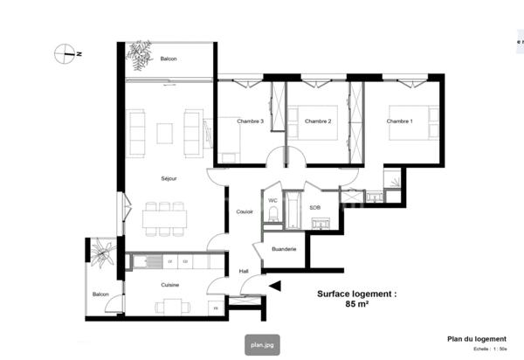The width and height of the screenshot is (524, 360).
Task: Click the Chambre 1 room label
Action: click(399, 121)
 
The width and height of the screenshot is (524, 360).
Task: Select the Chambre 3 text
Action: click(252, 121)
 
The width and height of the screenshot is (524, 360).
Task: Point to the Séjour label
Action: click(169, 178)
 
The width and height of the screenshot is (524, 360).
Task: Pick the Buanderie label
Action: click(284, 249)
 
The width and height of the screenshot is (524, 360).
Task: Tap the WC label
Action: click(272, 201)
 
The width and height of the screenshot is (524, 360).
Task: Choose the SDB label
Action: click(314, 207)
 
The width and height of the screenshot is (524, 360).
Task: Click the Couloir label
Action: click(245, 211)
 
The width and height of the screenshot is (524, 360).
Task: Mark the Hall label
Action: click(245, 271)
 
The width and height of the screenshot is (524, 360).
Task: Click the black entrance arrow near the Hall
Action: click(275, 285)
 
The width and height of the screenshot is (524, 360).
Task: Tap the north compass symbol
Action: click(66, 54)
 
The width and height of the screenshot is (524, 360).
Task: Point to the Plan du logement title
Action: click(477, 340)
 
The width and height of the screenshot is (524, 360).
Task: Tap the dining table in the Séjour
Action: click(164, 218)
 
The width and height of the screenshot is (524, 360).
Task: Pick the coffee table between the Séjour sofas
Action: click(166, 133)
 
